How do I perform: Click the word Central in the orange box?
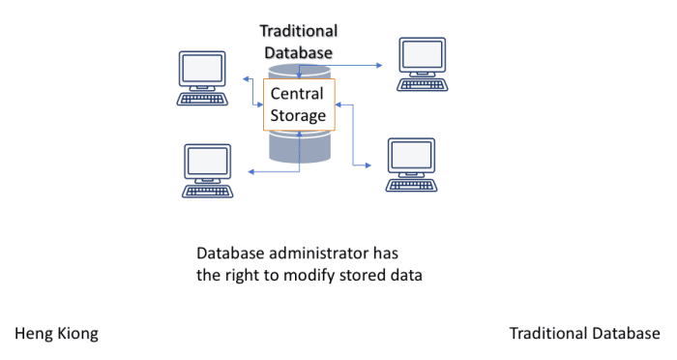[297, 95]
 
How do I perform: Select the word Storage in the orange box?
[297, 116]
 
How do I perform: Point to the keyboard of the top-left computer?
[203, 98]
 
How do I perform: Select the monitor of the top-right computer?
[422, 56]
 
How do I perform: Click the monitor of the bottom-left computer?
[207, 161]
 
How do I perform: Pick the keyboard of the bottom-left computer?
[207, 190]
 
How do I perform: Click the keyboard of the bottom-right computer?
[411, 184]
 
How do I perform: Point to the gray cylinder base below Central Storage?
[300, 147]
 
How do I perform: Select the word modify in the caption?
[293, 275]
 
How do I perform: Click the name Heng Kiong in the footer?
[56, 334]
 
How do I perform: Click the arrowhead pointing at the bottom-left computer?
[250, 172]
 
